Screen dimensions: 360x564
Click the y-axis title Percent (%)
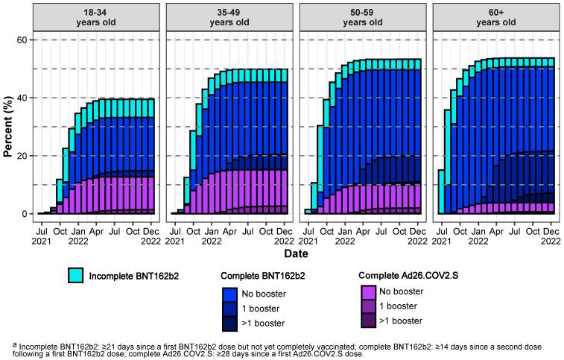(x=8, y=127)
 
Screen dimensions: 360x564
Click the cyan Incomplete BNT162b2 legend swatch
(x=75, y=277)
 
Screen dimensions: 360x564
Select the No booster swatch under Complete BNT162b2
(x=230, y=292)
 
